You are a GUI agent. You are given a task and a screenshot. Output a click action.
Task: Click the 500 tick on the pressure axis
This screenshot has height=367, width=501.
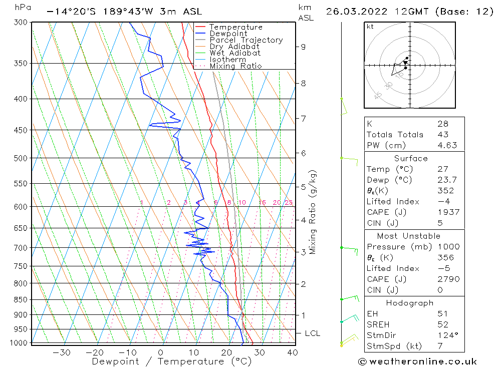(21, 158)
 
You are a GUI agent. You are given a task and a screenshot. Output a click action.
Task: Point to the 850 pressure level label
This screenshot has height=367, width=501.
(21, 300)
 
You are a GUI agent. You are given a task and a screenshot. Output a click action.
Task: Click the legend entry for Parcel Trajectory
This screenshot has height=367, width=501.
(246, 40)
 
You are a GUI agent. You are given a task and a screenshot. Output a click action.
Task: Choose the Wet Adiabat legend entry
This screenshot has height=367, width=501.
(235, 53)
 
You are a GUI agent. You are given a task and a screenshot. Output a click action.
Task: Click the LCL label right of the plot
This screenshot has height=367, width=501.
(312, 333)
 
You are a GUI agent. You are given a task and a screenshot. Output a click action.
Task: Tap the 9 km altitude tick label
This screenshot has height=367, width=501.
(303, 47)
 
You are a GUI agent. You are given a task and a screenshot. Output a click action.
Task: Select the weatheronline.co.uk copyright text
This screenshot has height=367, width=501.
(418, 361)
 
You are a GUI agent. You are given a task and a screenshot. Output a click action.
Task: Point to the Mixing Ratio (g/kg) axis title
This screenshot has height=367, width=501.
(313, 212)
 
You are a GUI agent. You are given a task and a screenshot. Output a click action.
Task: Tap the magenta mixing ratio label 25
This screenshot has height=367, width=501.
(289, 203)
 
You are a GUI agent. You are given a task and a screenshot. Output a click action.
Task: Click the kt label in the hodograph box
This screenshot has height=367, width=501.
(370, 27)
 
